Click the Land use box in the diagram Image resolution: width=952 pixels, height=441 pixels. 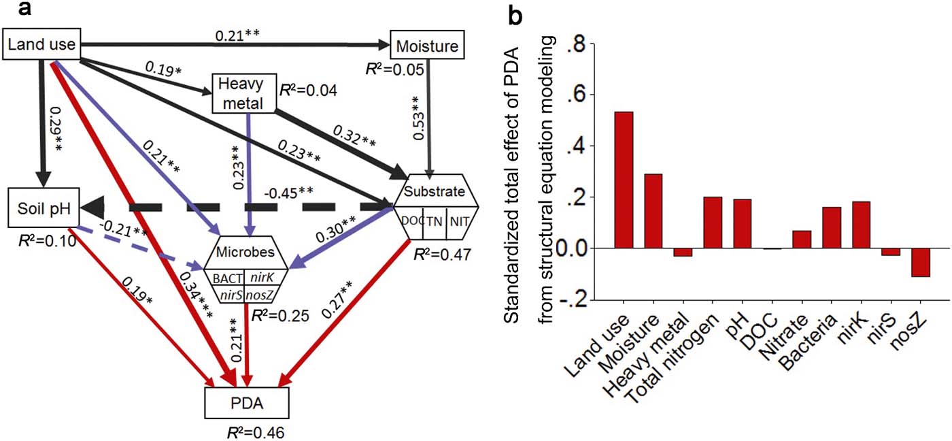click(x=42, y=46)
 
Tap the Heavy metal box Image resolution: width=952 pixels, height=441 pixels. click(x=245, y=93)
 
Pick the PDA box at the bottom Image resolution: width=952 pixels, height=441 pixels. click(x=247, y=406)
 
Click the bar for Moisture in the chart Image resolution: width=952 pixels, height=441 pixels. click(x=653, y=212)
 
